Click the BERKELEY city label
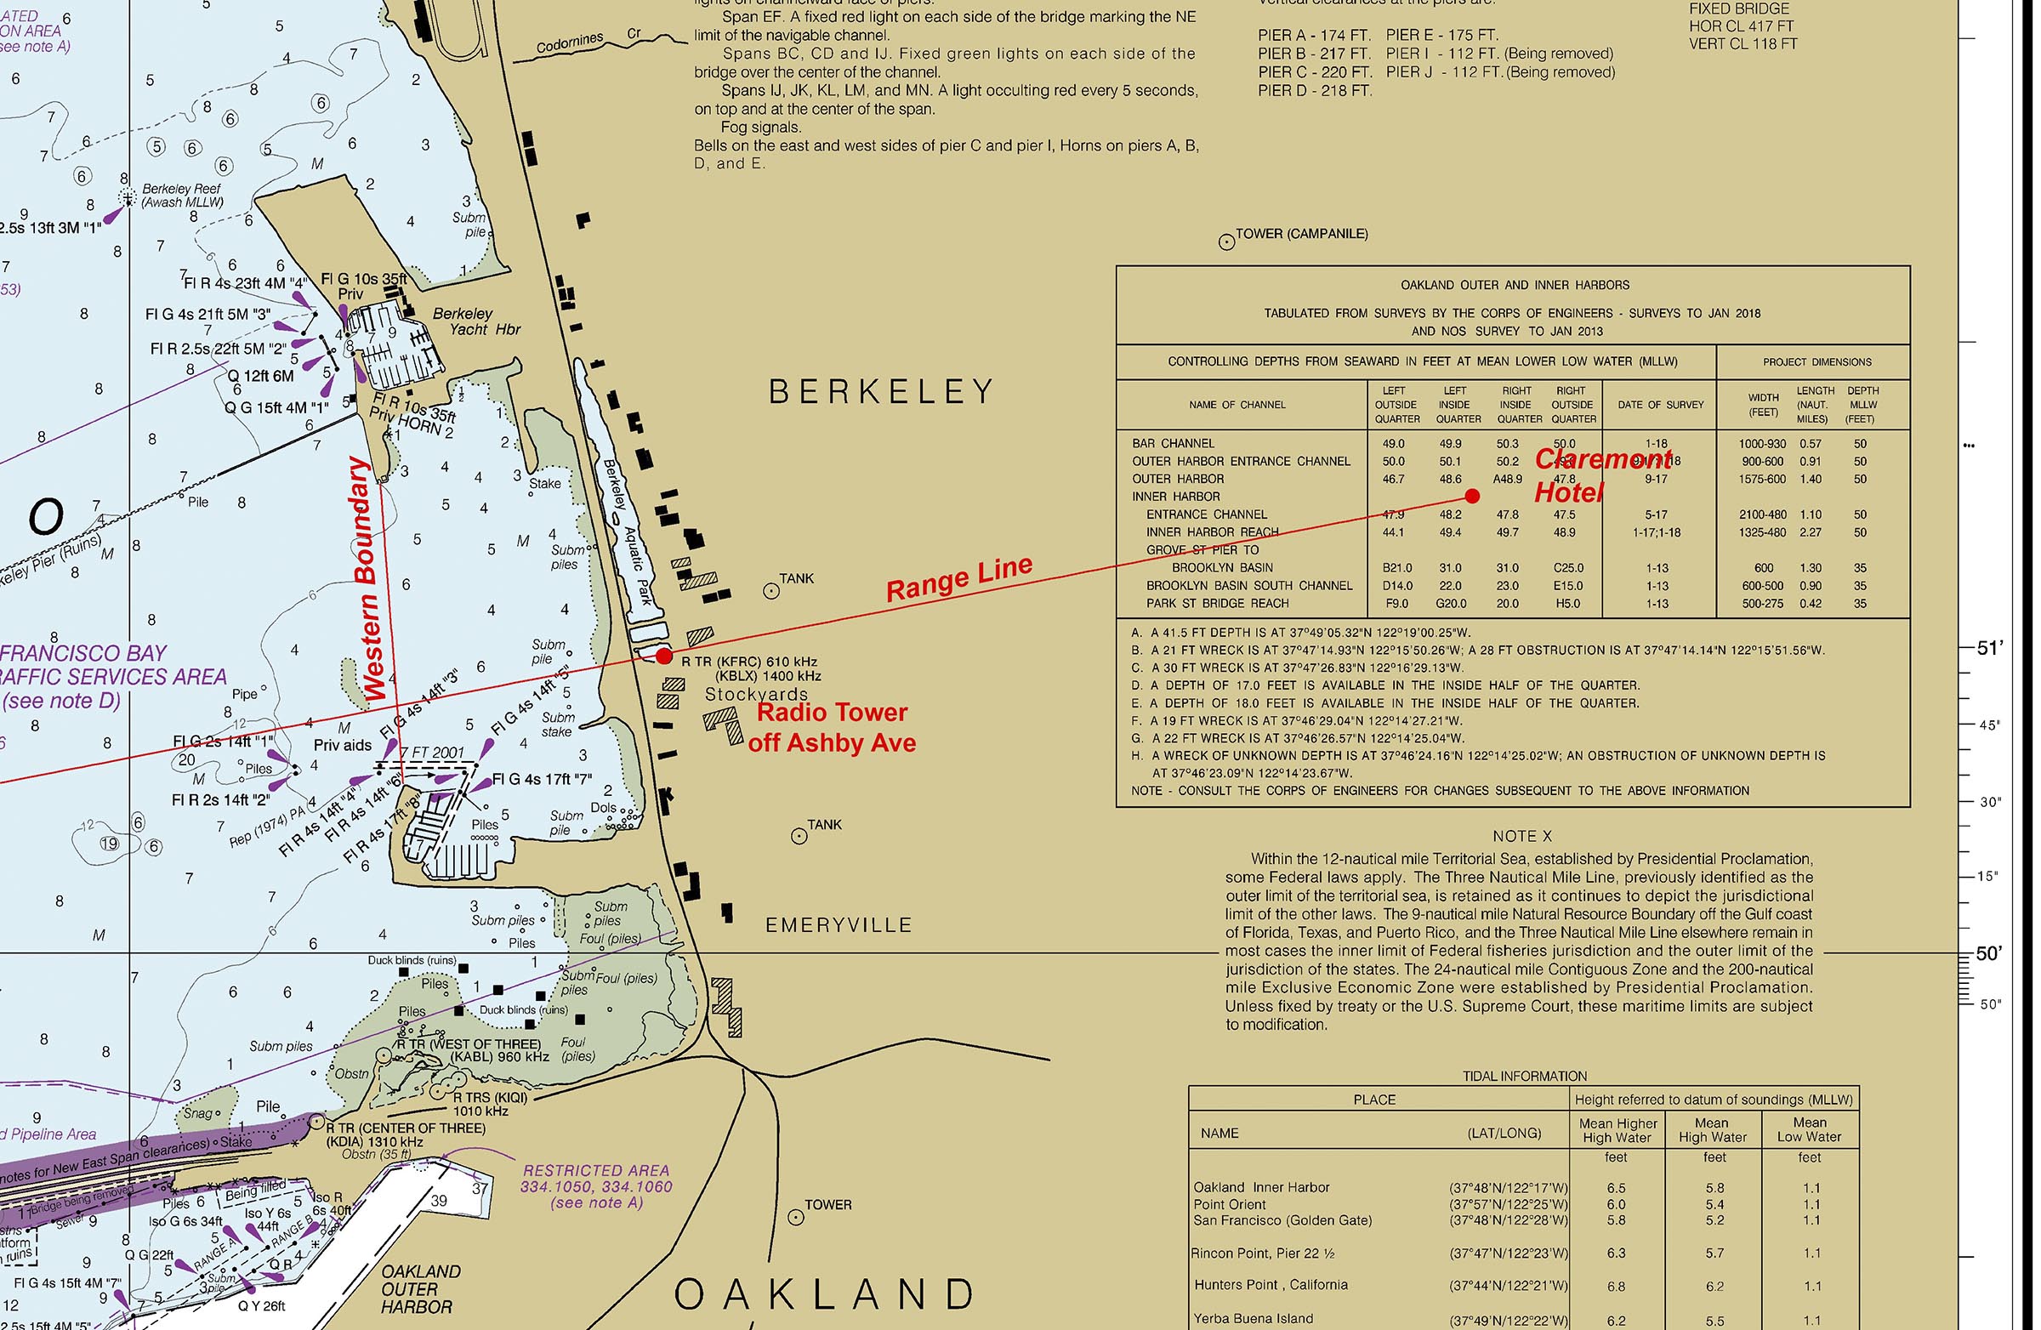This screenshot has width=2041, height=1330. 881,392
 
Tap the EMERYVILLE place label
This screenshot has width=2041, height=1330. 838,925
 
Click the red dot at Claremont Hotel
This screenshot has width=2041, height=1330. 1472,496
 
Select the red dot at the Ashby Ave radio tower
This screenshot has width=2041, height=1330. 664,656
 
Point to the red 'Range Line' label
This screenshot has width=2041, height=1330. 958,581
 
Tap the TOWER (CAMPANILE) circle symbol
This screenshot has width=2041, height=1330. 1226,242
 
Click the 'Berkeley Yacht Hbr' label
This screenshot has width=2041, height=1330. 476,321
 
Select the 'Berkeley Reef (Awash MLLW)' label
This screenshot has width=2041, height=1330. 182,196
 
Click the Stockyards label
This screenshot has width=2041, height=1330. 755,694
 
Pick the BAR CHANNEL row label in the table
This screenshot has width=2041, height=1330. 1172,443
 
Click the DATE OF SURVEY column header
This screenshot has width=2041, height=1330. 1660,405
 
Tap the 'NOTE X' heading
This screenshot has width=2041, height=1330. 1522,836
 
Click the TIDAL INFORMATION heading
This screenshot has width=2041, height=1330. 1524,1077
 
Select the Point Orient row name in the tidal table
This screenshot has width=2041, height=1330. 1229,1204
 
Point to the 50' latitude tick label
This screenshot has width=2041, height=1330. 1988,953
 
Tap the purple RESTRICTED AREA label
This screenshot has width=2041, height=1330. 596,1186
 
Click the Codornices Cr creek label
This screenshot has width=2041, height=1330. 588,40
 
